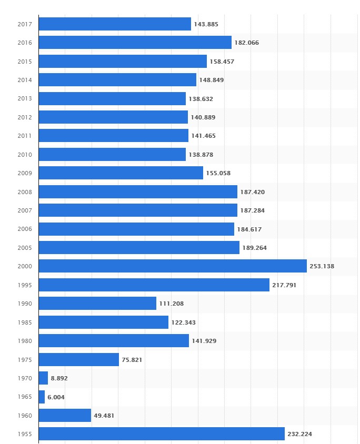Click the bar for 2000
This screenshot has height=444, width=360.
click(173, 266)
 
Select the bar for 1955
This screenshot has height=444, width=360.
click(162, 434)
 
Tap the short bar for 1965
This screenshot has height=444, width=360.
click(42, 397)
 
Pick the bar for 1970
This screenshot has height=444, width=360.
click(43, 378)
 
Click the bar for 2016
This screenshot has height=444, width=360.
click(135, 43)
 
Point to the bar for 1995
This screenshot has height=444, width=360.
click(154, 285)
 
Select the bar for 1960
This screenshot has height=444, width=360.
click(65, 416)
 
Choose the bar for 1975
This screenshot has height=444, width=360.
click(79, 360)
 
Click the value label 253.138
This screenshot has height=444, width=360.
click(322, 266)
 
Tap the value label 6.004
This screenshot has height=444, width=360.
click(56, 397)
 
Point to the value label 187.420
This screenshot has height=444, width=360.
click(252, 192)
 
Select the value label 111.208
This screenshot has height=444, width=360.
click(171, 304)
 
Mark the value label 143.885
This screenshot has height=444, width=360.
click(206, 24)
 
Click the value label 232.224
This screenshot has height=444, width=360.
click(299, 435)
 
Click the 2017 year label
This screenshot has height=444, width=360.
click(24, 24)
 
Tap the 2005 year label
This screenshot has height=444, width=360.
click(24, 248)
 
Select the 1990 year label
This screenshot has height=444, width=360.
click(24, 304)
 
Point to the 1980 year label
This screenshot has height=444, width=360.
click(24, 341)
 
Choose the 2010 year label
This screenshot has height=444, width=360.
click(24, 155)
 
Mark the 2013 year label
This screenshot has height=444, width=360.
click(24, 98)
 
